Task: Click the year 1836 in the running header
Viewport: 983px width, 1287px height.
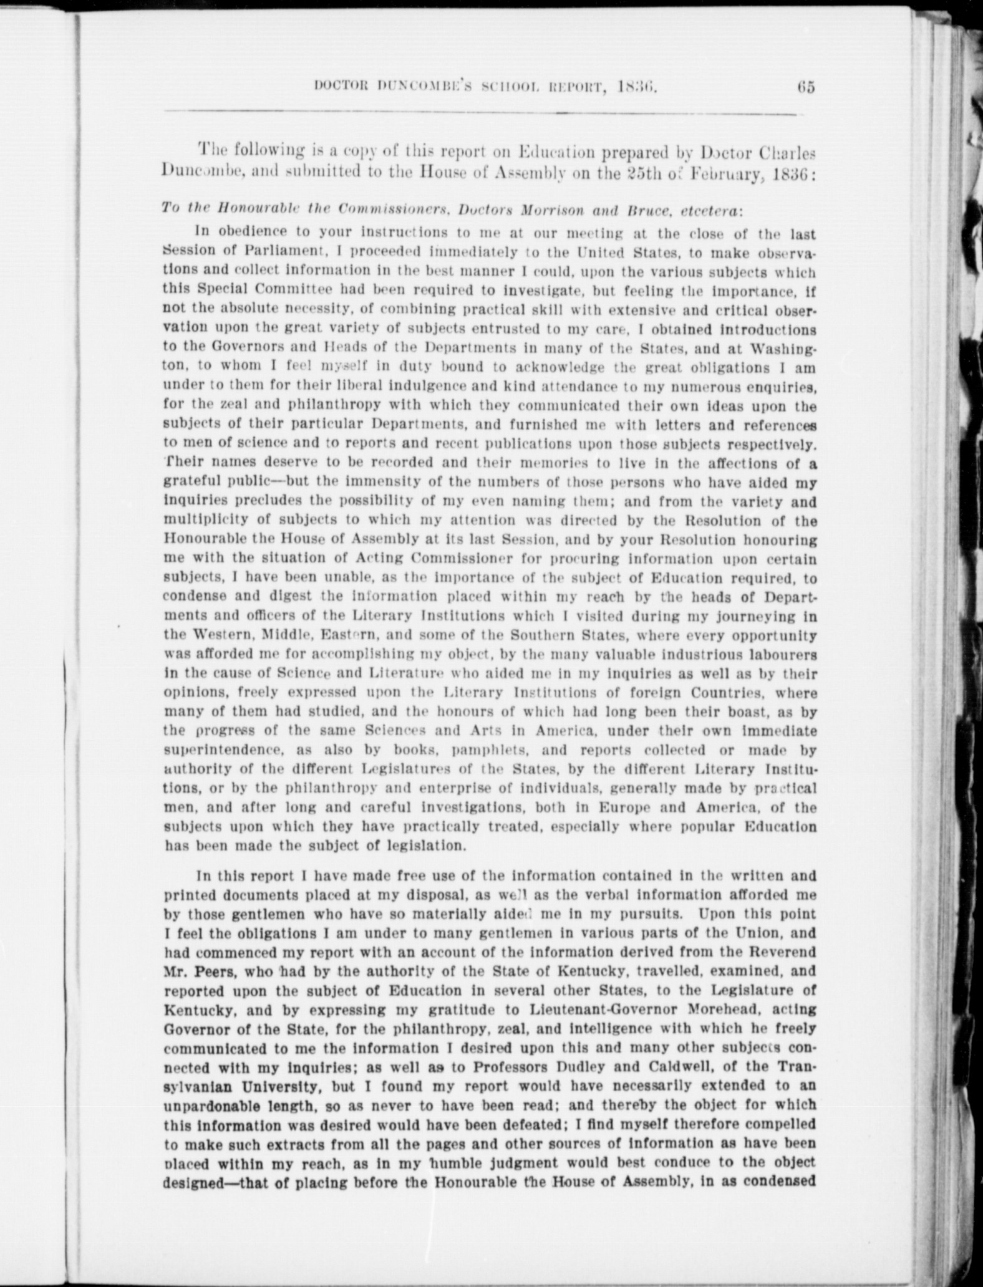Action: [639, 87]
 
